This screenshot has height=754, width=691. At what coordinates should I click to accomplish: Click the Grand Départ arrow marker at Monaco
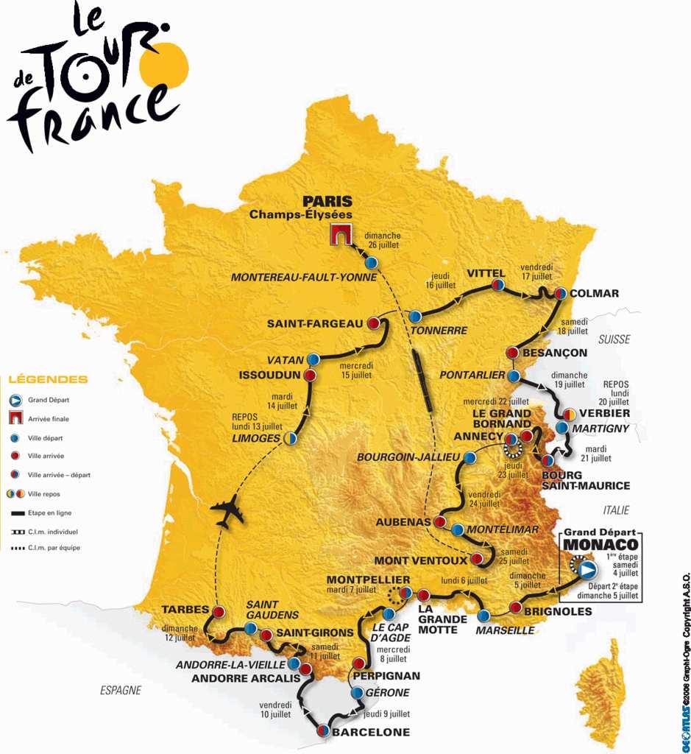coord(587,569)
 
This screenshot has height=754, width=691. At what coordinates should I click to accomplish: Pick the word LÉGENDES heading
coord(48,380)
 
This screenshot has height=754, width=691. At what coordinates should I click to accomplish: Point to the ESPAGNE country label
coord(120,690)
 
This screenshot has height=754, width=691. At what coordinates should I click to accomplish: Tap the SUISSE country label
coord(614,339)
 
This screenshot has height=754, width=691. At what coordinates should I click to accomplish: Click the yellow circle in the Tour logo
coord(169,63)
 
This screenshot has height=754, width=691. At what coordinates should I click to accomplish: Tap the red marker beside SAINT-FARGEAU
coord(373,323)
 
